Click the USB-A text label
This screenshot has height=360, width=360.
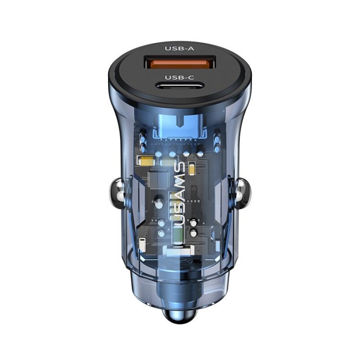click(x=179, y=48)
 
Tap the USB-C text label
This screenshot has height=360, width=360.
click(x=179, y=77)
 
